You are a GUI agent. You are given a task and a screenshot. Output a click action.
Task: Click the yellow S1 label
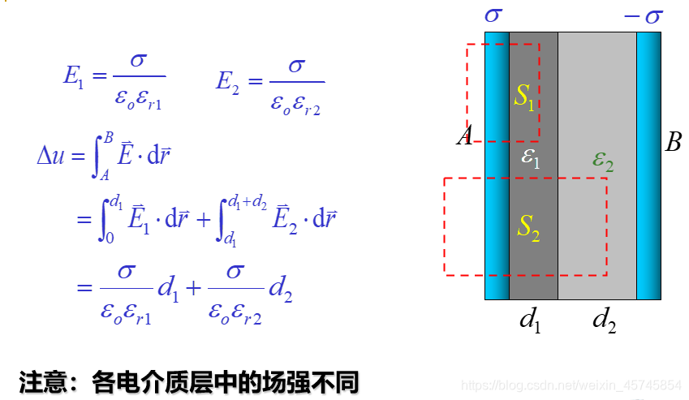point(524,97)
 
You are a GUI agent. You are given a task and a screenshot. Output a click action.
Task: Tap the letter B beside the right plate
point(673,144)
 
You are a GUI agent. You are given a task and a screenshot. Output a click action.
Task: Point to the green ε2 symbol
point(602,160)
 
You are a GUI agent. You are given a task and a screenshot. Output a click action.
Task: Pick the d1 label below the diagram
point(530,320)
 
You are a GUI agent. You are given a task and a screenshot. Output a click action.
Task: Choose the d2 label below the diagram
point(604,320)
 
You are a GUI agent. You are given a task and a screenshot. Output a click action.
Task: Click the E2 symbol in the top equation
point(227,80)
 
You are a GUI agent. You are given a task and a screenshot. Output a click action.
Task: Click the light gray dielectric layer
point(596,97)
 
